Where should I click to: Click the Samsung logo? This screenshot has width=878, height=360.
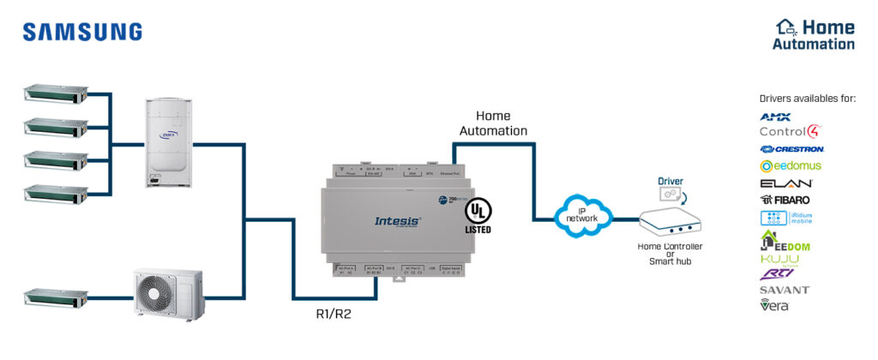[x=82, y=32]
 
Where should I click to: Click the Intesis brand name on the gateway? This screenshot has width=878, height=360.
[x=398, y=220]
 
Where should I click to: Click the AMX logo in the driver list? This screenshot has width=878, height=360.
[x=775, y=117]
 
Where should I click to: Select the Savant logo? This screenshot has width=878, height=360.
[x=784, y=290]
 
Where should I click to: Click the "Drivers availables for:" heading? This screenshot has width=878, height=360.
[x=807, y=99]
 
